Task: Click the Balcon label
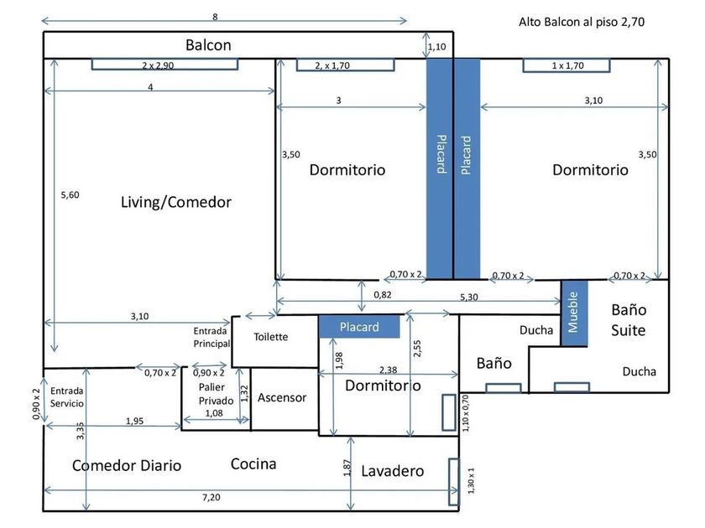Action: point(208,45)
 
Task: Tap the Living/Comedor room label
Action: point(175,202)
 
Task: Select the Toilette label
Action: point(270,337)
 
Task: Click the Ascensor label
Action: point(282,397)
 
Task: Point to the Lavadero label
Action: point(393,470)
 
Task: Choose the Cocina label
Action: point(253,463)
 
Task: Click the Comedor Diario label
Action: point(127,465)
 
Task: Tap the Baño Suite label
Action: point(629,319)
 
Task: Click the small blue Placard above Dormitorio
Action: point(359,326)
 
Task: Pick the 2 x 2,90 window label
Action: point(158,65)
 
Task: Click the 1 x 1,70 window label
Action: point(568,65)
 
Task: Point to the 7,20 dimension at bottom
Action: point(211,497)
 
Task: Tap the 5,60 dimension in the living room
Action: point(70,194)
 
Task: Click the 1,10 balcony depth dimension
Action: point(436,47)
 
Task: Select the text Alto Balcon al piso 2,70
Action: point(582,22)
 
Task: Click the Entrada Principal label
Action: point(211,337)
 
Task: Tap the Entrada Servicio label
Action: point(67,397)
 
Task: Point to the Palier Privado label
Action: point(216,394)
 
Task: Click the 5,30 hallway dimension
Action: point(469,297)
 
